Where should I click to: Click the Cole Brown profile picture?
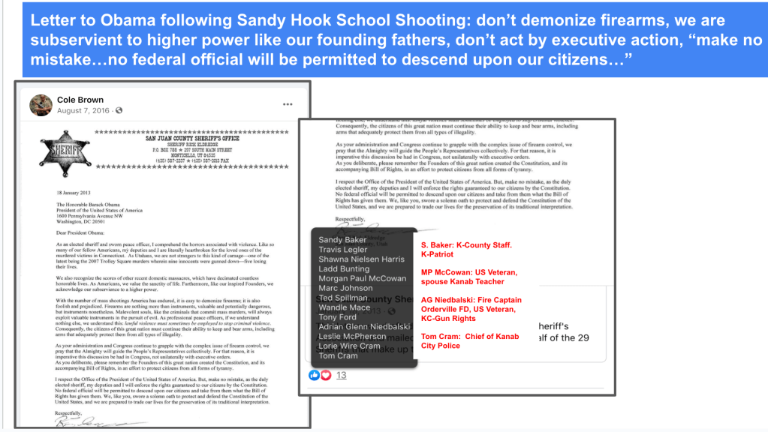click(41, 106)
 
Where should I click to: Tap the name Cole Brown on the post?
click(80, 100)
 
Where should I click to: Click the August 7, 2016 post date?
click(83, 111)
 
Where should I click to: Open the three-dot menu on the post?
click(288, 103)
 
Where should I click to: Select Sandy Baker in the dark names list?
click(342, 240)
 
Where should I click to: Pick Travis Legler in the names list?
click(343, 250)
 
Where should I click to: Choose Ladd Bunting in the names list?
click(344, 268)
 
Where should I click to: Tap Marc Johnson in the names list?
click(345, 288)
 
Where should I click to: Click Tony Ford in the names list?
click(338, 317)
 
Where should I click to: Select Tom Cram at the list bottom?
click(338, 355)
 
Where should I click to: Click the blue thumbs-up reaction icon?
click(315, 375)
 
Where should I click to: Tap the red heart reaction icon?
click(325, 375)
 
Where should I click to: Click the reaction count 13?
click(341, 375)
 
